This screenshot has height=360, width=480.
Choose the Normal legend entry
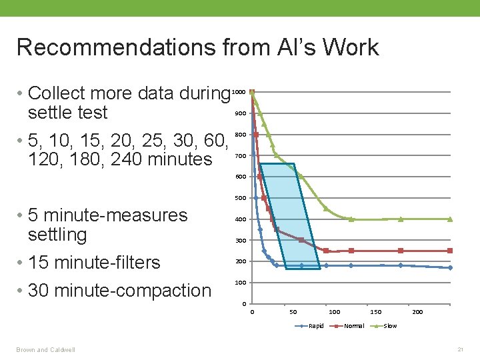click(353, 326)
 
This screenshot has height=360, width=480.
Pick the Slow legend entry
click(390, 326)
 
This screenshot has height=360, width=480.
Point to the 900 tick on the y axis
click(240, 113)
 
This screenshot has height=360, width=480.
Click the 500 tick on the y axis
click(240, 198)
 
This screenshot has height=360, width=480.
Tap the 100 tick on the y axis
click(240, 283)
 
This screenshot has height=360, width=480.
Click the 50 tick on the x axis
click(293, 312)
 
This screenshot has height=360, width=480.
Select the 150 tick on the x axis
click(376, 312)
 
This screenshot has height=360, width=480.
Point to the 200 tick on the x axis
click(417, 312)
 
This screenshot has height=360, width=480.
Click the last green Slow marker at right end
click(450, 219)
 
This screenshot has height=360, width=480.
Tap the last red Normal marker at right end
click(450, 251)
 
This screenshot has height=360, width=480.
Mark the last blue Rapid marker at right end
click(450, 267)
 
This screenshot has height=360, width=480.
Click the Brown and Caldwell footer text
click(46, 349)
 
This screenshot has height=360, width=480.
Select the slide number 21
click(459, 349)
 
